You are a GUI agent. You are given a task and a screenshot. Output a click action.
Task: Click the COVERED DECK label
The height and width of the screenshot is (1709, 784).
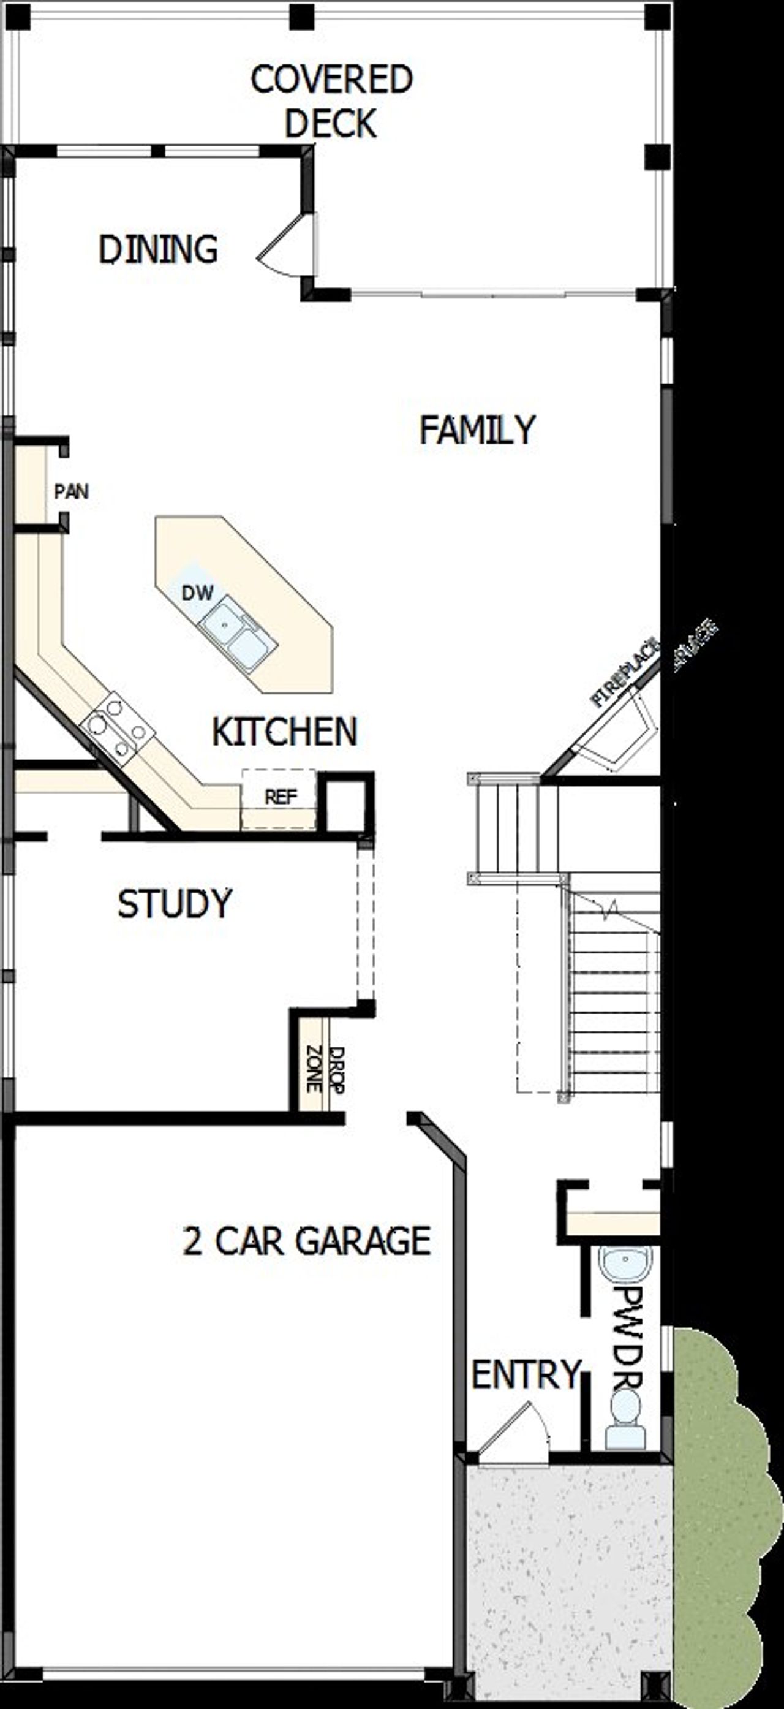pos(331,101)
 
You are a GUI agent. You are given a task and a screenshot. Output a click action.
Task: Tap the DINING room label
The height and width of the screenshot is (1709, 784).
pos(158,250)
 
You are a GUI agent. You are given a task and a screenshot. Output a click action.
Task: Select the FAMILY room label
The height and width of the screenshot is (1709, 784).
pos(477,430)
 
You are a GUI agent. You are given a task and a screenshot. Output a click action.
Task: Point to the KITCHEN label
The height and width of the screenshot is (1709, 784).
pos(285,731)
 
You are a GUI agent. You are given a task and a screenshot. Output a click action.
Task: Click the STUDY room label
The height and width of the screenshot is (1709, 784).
pos(175,904)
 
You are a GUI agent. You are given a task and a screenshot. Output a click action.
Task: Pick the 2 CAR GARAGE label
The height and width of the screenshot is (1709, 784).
pos(306,1241)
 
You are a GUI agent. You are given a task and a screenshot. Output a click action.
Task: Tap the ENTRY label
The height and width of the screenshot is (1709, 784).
pos(526,1374)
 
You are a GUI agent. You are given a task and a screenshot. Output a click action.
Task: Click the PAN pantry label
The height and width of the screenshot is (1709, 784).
pos(71,491)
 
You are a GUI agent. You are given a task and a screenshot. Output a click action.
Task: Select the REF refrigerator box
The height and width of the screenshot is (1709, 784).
pos(279,798)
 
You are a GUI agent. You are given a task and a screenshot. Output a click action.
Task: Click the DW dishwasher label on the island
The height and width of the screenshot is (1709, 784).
pos(197,593)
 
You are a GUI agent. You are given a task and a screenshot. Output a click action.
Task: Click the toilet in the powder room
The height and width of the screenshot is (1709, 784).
pos(625,1423)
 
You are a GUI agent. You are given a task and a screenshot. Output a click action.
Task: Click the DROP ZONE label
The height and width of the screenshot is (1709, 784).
pos(326,1069)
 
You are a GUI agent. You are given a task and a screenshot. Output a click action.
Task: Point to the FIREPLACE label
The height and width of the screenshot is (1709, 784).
pos(624,672)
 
